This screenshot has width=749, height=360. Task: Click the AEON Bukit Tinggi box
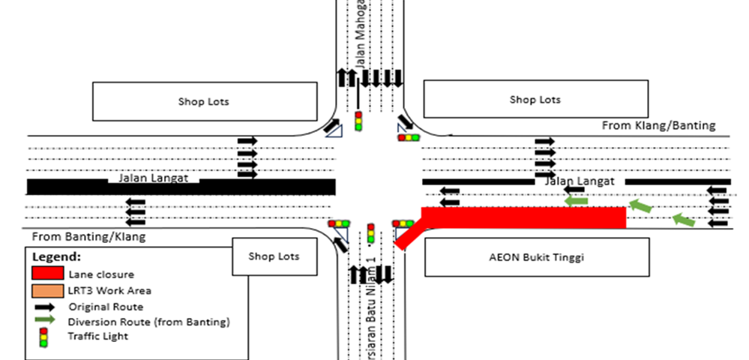537,257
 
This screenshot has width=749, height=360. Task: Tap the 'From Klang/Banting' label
658,125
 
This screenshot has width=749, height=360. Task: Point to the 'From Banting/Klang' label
88,236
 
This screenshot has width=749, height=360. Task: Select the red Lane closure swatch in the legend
46,273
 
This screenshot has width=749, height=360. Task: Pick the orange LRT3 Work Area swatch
46,289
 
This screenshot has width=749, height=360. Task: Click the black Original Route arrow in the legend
46,306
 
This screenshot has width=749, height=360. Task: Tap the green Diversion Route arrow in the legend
46,320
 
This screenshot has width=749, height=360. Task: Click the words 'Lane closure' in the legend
101,274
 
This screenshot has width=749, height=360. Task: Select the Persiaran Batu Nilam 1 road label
370,315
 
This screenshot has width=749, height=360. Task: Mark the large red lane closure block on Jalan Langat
525,218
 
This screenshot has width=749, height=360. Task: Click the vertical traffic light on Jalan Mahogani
358,121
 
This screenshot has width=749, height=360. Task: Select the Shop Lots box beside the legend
274,256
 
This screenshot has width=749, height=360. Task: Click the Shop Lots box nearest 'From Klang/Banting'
535,100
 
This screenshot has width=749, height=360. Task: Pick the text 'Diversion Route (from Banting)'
148,322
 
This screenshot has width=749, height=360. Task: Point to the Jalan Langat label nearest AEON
579,181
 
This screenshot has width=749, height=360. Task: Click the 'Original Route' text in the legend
106,306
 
